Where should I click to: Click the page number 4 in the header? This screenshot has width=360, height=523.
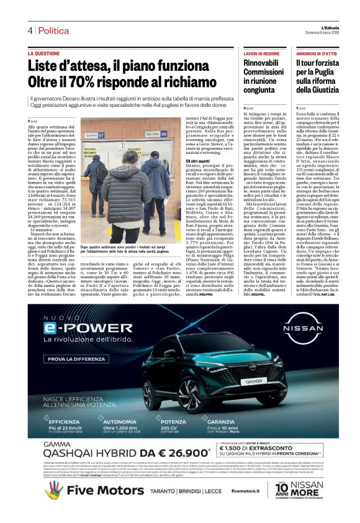tap(29, 30)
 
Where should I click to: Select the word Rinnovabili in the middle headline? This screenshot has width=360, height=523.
tap(261, 64)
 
